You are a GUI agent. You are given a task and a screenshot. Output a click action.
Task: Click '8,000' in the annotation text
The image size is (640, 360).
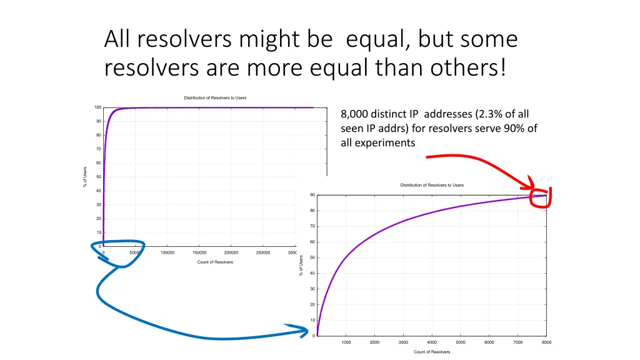[x=354, y=114]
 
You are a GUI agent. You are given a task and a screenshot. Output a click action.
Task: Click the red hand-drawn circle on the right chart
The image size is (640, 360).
[x=539, y=198]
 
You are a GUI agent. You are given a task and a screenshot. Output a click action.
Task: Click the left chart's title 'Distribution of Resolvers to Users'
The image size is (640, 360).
[x=215, y=97]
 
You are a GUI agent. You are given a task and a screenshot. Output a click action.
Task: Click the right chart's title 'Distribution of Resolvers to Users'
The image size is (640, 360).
[x=432, y=185]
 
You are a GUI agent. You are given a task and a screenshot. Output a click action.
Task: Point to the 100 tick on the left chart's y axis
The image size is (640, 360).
[x=98, y=107]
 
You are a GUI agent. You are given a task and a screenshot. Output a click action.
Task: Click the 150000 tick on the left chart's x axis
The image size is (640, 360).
[x=199, y=253]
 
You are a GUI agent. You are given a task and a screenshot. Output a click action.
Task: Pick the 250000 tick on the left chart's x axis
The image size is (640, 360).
[x=263, y=253]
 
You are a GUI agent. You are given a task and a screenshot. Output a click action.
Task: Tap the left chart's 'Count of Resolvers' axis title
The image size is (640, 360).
[x=215, y=262]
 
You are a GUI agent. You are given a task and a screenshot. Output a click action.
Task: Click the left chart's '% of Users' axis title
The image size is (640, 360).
[x=85, y=177]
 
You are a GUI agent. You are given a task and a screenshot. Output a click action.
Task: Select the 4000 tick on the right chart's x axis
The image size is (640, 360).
[x=432, y=342]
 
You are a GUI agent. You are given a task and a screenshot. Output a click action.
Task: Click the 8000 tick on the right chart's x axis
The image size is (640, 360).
[x=546, y=342]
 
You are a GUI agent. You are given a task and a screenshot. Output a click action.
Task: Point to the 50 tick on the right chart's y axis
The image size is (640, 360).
[x=312, y=257]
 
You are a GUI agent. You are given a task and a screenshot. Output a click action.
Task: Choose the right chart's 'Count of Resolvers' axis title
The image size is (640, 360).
[x=432, y=352]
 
